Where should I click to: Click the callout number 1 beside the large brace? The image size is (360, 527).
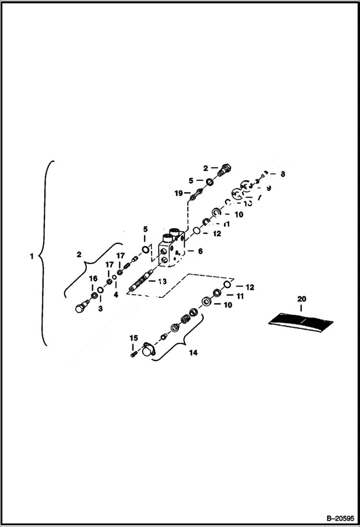[31, 257]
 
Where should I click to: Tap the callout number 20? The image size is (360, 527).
[301, 299]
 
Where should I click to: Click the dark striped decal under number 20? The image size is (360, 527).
[301, 322]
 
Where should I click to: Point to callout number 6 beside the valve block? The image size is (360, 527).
[200, 251]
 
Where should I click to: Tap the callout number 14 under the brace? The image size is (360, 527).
[193, 353]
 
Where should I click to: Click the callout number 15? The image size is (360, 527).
[134, 338]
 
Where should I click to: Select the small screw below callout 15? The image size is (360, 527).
[134, 355]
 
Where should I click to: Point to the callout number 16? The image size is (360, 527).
[93, 278]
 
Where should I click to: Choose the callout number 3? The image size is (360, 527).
[100, 308]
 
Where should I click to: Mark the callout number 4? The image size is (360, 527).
[116, 294]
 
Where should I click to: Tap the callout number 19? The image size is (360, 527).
[178, 193]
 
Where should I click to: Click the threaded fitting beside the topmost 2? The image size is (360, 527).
[224, 170]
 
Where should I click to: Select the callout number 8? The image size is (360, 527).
[283, 174]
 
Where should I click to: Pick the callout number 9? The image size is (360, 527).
[268, 188]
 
